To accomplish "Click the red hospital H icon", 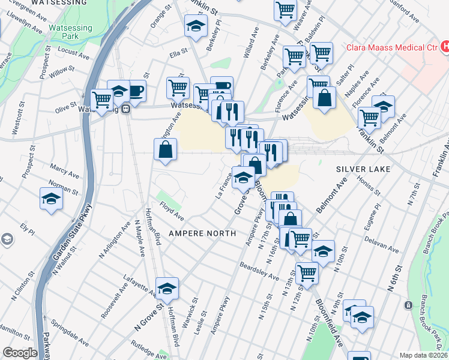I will pos(445,45).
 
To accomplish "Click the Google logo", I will pos(20,353).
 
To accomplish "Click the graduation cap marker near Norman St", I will pos(51,199).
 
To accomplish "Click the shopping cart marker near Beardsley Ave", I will pos(307,273).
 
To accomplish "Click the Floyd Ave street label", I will pos(172,214).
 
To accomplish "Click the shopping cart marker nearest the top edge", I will pos(285,9).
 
